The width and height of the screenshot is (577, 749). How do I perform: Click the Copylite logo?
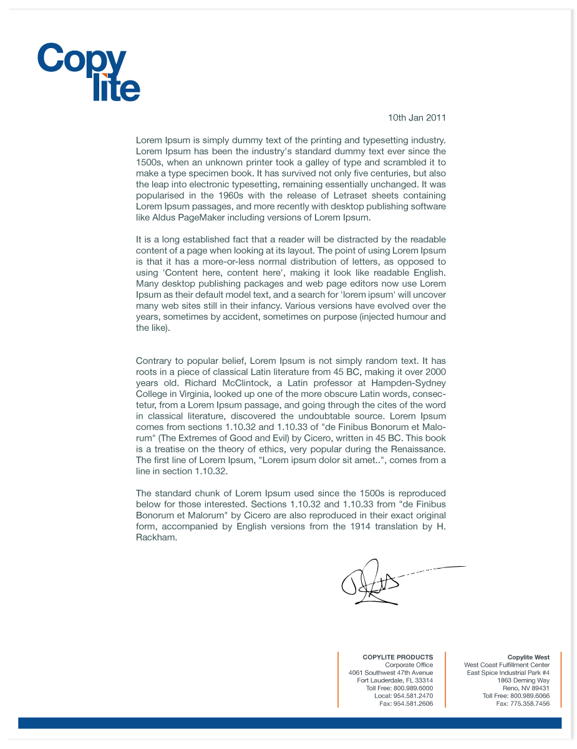coord(88,72)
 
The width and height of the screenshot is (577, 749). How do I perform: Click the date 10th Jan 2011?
coord(417,117)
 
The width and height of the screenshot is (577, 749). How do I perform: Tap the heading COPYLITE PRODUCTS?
coord(397,657)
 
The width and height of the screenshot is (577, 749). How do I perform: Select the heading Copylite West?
coord(528,657)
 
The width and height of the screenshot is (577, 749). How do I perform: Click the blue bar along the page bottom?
coord(289,723)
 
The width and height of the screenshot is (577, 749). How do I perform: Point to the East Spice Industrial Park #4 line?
coord(508,673)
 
